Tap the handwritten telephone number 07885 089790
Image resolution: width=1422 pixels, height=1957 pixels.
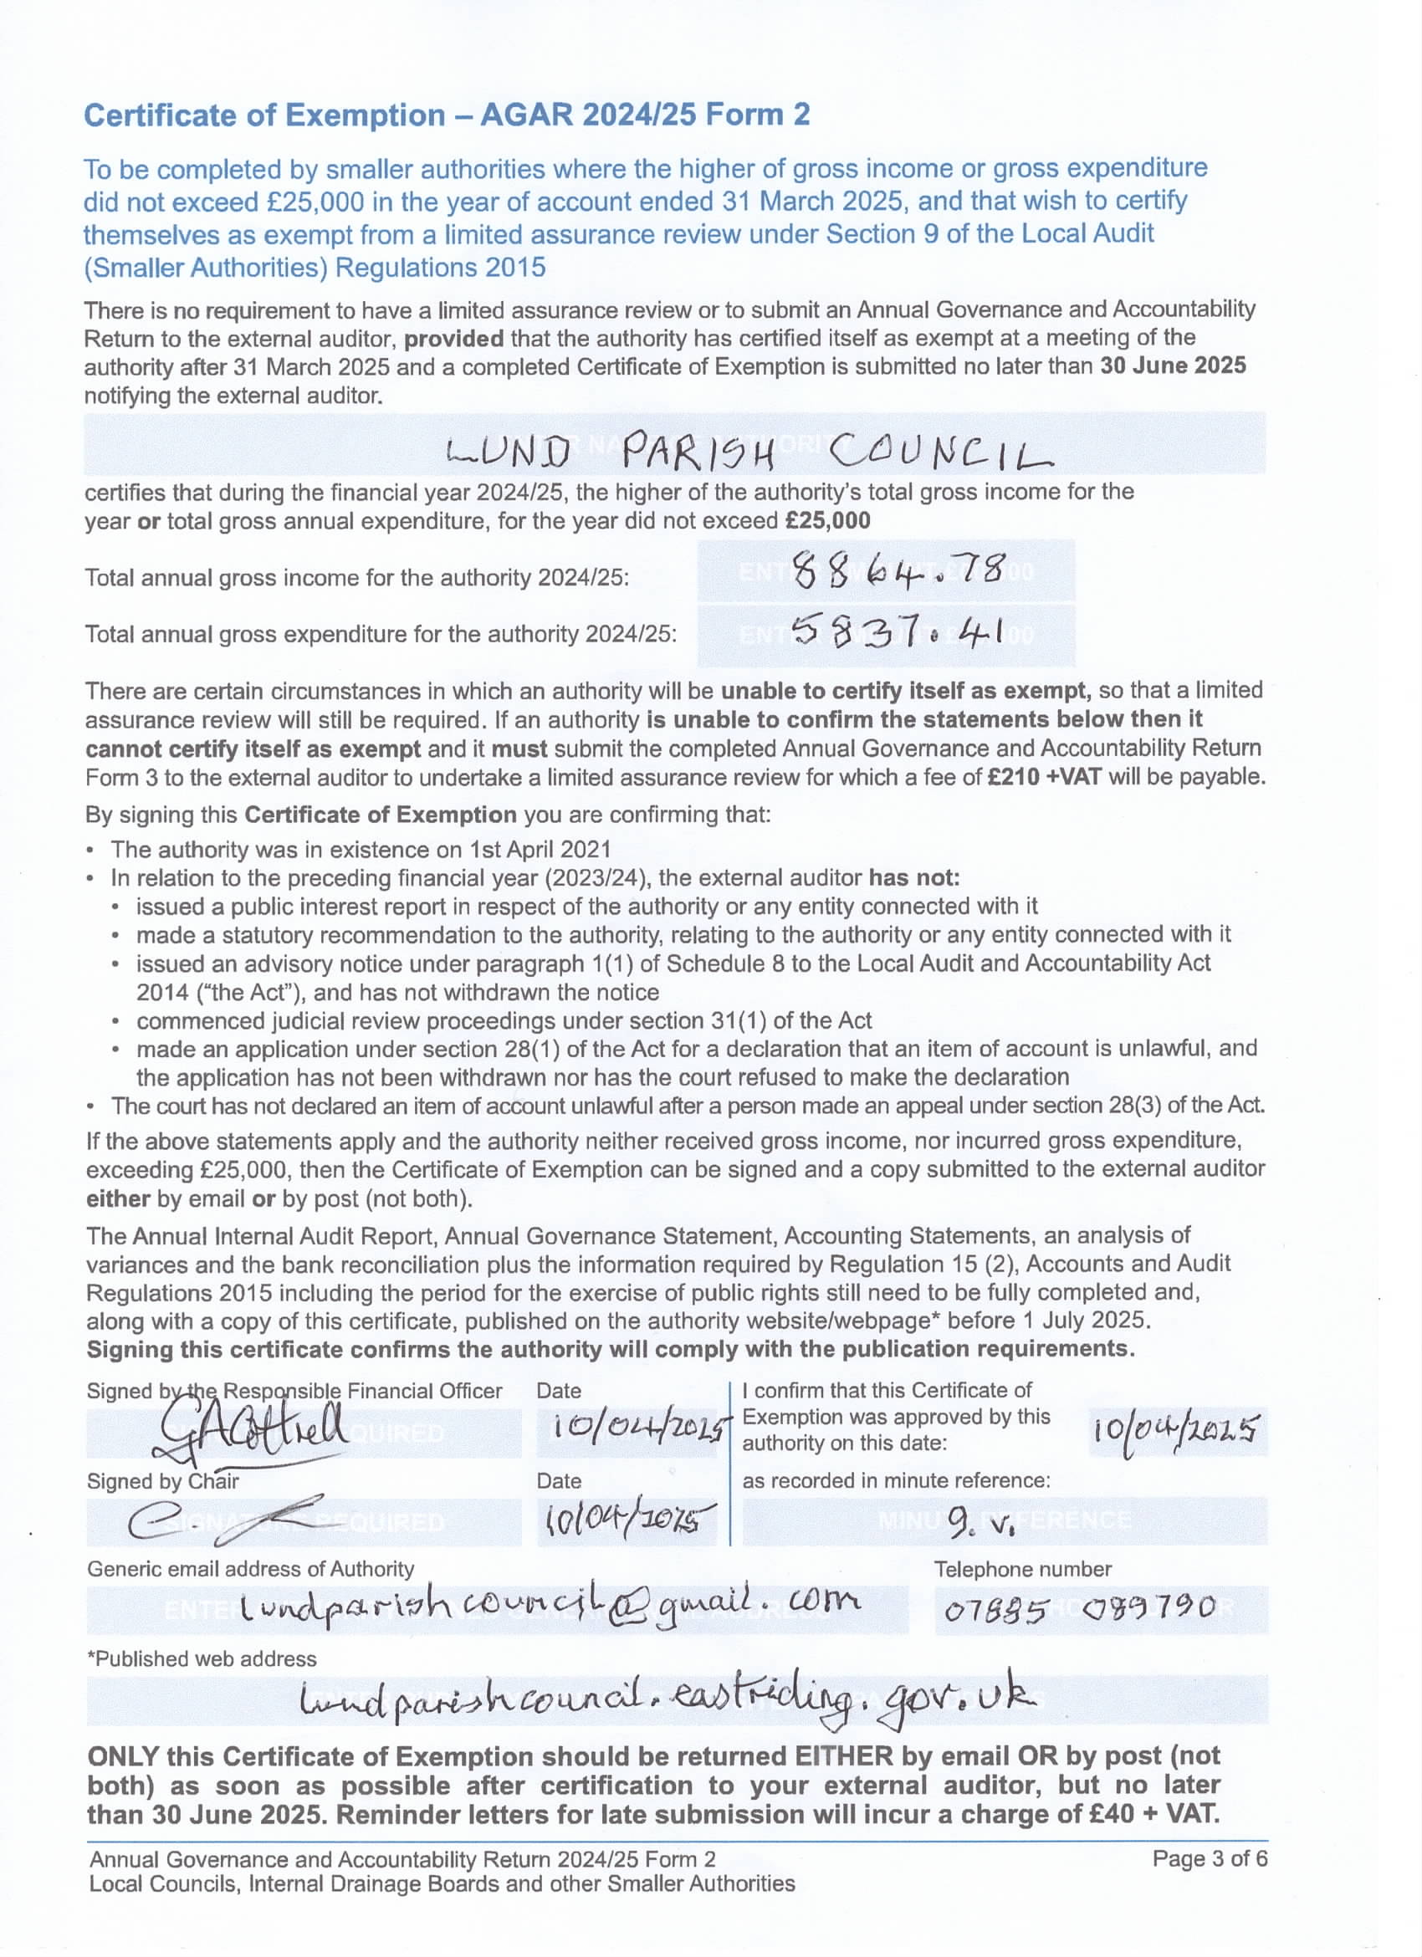[1079, 1607]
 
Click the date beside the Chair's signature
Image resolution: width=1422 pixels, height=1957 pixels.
[627, 1520]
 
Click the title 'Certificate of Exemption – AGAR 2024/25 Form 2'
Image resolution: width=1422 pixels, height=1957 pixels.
[446, 115]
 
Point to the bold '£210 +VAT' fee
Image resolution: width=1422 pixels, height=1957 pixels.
[1044, 777]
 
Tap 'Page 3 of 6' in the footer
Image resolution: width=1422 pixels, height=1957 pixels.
[1210, 1857]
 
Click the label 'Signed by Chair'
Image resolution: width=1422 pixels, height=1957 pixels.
[162, 1480]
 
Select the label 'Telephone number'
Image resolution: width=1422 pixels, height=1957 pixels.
[1022, 1569]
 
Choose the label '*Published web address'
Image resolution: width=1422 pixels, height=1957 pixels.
[202, 1658]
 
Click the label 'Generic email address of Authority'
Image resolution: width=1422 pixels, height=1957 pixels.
[250, 1569]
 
